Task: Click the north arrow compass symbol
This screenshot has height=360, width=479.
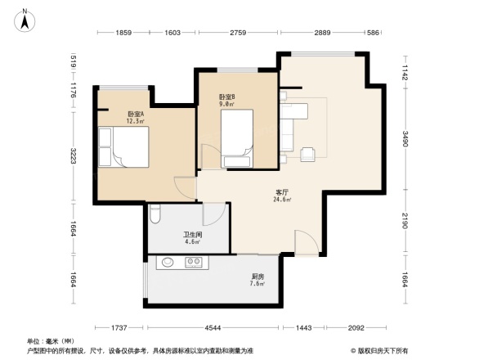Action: (25, 19)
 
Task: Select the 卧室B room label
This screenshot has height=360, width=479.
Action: (226, 99)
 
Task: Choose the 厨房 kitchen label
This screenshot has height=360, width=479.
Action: (257, 281)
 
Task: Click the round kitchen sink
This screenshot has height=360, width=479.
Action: (168, 263)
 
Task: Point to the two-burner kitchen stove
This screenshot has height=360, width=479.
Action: (195, 263)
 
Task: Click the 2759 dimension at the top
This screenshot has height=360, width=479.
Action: (237, 32)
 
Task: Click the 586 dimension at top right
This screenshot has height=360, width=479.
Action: (372, 32)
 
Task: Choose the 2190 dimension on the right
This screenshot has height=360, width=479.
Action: (405, 222)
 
